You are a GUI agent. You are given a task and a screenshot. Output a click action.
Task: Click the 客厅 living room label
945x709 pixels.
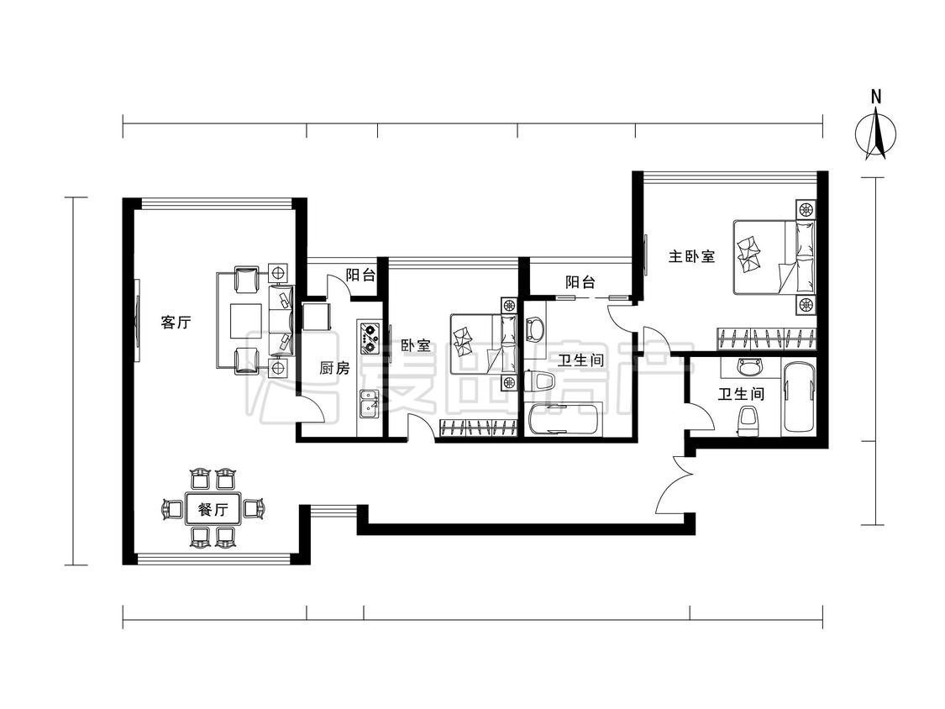[176, 323]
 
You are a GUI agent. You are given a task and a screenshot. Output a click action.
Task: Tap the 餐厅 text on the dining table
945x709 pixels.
[213, 509]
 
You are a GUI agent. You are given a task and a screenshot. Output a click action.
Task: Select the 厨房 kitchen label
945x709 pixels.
[333, 368]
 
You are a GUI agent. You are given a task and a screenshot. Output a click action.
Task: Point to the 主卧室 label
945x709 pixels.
[691, 257]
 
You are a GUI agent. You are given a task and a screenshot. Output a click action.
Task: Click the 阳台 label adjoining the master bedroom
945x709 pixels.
[580, 282]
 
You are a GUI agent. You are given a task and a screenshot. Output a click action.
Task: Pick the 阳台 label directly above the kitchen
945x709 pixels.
[360, 275]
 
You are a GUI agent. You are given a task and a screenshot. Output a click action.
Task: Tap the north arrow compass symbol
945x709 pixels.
[875, 134]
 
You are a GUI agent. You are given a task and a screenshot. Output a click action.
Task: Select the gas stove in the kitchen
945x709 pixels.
[368, 335]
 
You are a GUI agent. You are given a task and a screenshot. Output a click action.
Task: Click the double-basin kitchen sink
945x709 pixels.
[368, 405]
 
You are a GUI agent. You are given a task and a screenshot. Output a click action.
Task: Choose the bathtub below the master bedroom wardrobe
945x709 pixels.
[798, 397]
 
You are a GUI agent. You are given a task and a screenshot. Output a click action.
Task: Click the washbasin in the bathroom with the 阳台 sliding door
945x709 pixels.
[534, 328]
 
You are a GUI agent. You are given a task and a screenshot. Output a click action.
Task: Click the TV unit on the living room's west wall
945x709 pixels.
[135, 319]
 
